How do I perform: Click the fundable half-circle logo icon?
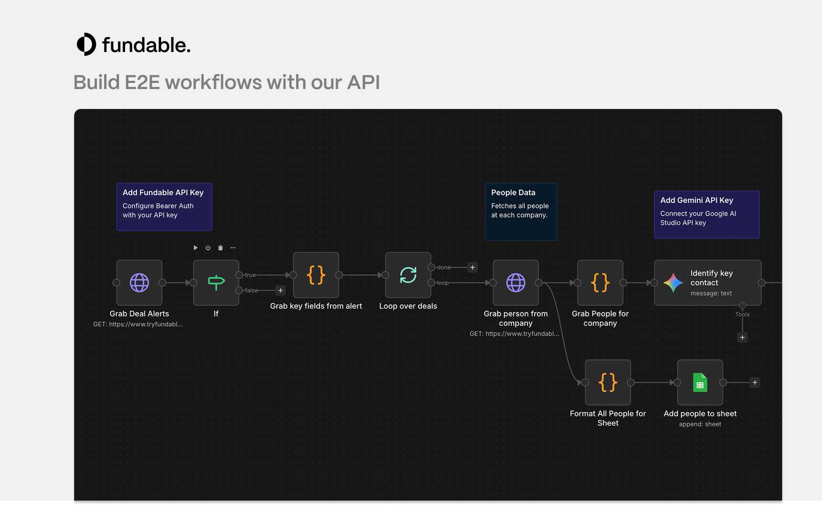tap(86, 44)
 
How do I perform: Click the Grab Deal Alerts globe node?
tap(139, 283)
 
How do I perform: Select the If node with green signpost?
tap(216, 283)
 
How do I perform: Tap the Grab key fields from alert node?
tap(316, 275)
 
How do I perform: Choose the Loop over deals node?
tap(408, 275)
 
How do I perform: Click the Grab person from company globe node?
tap(515, 283)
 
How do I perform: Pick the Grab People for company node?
tap(601, 283)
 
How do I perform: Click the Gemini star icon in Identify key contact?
tap(674, 283)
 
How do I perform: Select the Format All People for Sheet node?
tap(608, 383)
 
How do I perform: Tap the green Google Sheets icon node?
tap(700, 383)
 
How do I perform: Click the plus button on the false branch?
tap(280, 290)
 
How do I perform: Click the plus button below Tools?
tap(742, 337)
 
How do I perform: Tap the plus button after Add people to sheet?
tap(755, 383)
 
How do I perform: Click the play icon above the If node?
tap(195, 248)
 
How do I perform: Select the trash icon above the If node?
tap(220, 248)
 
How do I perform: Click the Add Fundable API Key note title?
tap(163, 192)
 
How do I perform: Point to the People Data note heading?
tap(513, 192)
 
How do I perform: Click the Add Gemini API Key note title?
tap(696, 200)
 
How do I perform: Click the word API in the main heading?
tap(363, 82)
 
